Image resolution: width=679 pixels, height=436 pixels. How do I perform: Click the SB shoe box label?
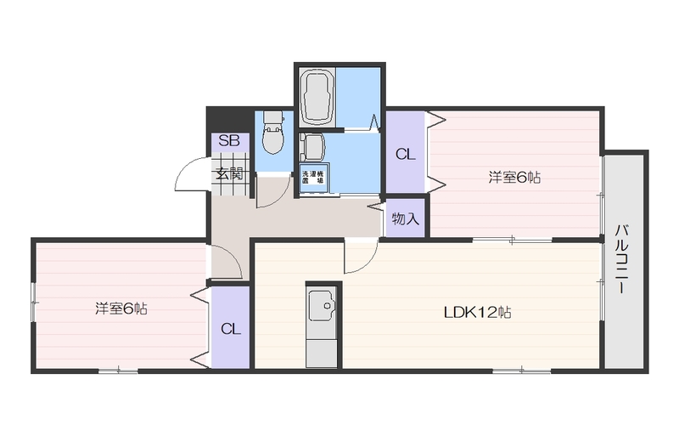point(229,140)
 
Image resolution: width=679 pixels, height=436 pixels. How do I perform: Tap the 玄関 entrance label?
point(229,173)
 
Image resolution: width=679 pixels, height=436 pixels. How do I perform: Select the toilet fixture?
point(272,133)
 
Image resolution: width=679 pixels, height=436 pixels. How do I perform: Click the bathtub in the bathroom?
point(317,97)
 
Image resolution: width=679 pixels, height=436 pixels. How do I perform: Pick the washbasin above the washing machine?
point(312,148)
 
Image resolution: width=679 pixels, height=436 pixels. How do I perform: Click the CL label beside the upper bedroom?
point(406,155)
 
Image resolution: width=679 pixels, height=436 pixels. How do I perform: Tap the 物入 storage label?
point(406,218)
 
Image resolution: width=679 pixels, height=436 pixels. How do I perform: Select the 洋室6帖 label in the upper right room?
point(514,177)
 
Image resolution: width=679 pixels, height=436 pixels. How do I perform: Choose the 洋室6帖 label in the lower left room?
point(121,309)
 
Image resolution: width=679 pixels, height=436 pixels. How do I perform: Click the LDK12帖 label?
point(478,312)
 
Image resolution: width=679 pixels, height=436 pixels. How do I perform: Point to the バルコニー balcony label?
point(621,259)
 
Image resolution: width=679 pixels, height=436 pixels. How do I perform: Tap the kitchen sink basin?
point(322,305)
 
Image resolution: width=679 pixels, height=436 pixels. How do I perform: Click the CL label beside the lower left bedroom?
point(230,329)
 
